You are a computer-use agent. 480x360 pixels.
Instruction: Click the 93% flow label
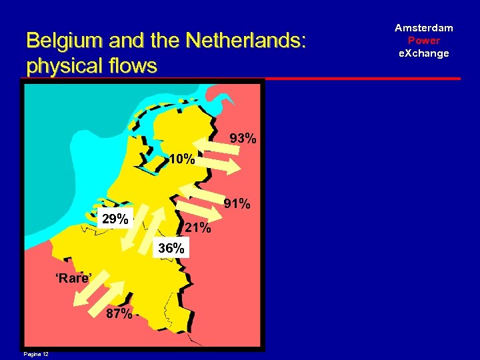243,139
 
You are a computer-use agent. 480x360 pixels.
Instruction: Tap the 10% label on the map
181,160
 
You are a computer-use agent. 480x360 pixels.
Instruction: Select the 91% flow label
237,203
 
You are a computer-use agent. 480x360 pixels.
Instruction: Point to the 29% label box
115,219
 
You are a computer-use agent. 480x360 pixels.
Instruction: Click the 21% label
197,228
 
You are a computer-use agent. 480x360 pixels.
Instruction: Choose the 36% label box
171,249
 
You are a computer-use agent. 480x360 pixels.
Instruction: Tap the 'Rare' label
73,278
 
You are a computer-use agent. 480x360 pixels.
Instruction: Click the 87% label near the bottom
119,314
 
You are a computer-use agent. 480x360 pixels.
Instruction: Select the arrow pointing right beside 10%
220,163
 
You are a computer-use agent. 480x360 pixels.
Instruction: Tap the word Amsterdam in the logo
423,28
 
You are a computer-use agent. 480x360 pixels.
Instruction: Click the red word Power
423,41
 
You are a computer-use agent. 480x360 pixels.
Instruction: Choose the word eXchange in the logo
423,53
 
